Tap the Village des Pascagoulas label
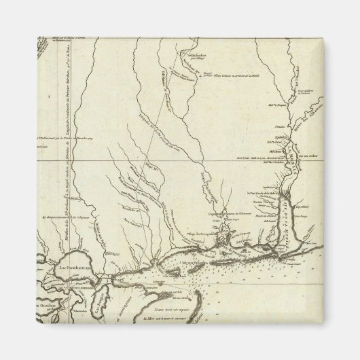196,232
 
